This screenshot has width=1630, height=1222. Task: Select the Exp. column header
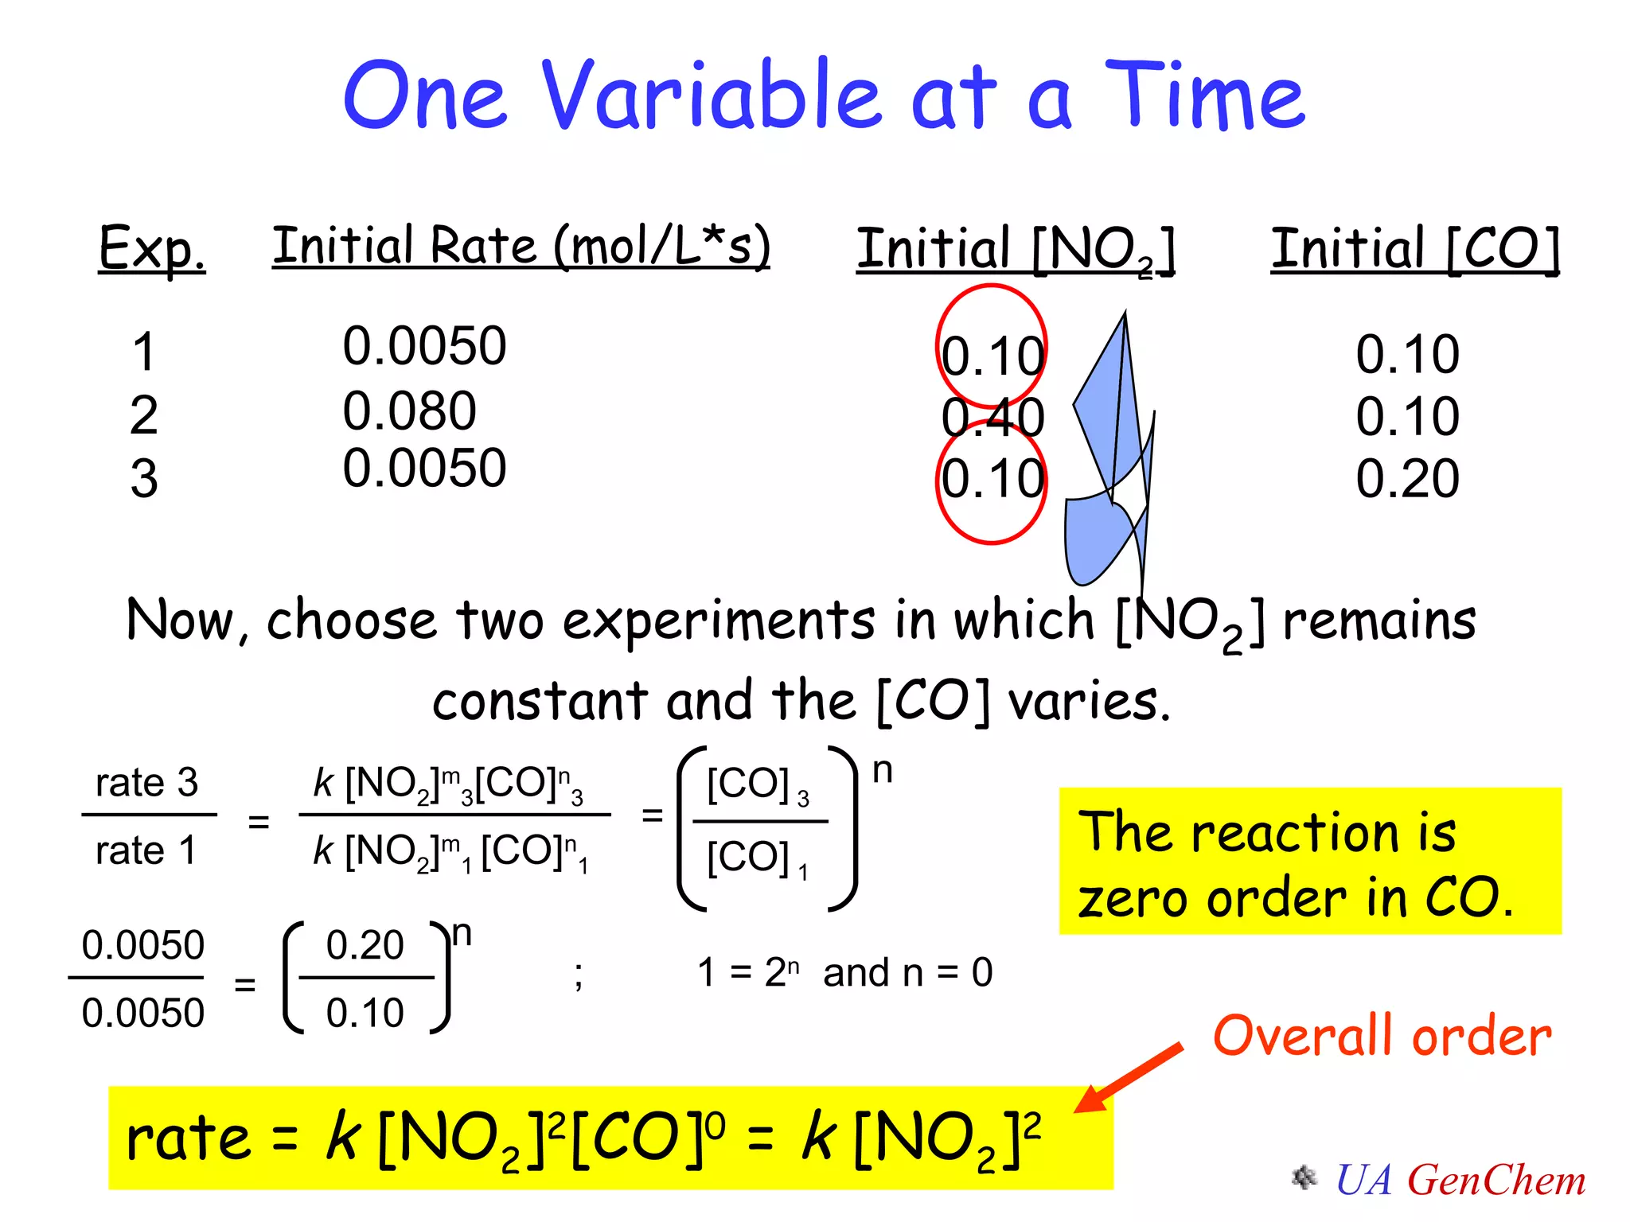[x=151, y=248]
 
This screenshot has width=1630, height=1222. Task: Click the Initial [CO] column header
[x=1415, y=250]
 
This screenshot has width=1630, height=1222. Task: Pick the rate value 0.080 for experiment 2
[x=409, y=411]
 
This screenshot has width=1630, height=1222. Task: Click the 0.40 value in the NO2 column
[x=992, y=418]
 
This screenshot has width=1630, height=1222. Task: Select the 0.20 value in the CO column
[x=1407, y=479]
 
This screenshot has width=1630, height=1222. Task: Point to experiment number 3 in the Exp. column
[x=144, y=479]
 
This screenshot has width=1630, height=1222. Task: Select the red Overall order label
[x=1382, y=1037]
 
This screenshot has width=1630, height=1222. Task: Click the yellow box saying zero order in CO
[x=1309, y=862]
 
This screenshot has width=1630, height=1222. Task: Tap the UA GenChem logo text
[x=1460, y=1180]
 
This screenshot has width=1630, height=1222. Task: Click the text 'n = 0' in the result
[x=947, y=973]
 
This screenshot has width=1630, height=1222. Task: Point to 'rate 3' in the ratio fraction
[x=146, y=783]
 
